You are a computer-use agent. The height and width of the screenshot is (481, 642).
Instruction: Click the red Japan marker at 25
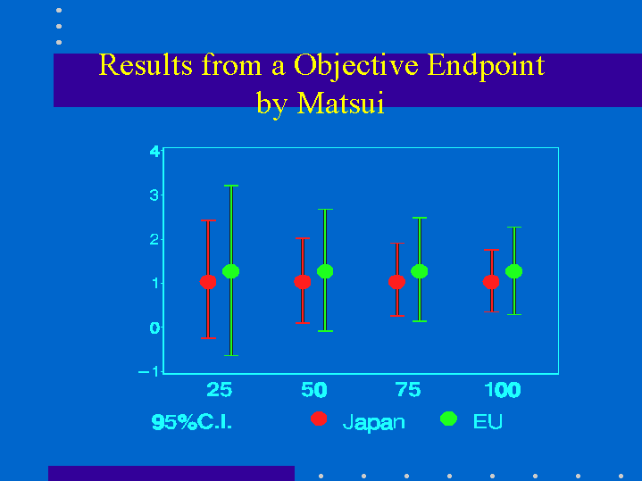click(208, 282)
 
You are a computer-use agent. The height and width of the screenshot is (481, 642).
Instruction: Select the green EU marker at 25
click(231, 271)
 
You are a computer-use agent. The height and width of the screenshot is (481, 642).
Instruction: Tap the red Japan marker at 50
click(303, 282)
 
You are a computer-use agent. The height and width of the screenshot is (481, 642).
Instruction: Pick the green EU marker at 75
click(420, 271)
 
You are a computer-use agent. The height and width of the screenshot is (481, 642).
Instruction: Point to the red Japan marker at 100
click(491, 282)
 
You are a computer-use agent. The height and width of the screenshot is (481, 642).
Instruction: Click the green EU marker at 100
click(513, 271)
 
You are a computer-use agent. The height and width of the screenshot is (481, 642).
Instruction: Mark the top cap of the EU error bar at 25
click(231, 186)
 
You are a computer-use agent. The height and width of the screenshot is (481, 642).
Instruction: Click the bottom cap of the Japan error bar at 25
click(208, 338)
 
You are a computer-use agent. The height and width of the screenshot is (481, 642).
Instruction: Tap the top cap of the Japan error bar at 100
click(491, 250)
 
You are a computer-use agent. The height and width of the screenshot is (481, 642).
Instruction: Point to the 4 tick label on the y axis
click(154, 152)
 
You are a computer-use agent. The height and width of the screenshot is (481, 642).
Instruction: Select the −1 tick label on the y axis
click(148, 371)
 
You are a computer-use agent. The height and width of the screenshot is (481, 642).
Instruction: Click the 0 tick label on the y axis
click(154, 328)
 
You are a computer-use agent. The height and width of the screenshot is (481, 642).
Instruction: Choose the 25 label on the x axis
click(220, 390)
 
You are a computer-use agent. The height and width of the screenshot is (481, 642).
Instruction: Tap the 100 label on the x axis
click(503, 390)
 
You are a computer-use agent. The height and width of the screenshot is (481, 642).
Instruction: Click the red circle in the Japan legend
click(319, 419)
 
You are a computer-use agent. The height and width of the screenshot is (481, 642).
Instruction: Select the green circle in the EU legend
click(449, 419)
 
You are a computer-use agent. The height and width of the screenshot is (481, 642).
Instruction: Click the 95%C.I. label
click(192, 421)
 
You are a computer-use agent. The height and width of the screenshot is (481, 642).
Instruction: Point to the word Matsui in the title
click(341, 103)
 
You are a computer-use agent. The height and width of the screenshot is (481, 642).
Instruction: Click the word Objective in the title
click(356, 65)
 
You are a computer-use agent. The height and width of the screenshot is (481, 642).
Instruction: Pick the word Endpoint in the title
click(486, 65)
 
